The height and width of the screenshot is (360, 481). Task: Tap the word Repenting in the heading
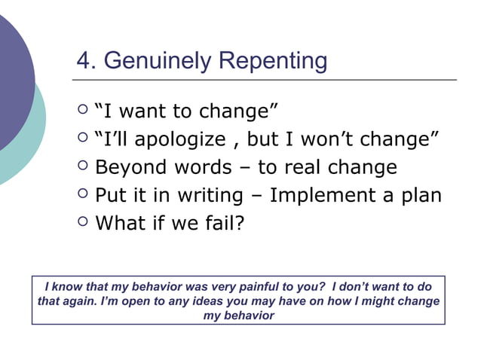273,61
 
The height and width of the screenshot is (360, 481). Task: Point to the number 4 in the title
84,60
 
